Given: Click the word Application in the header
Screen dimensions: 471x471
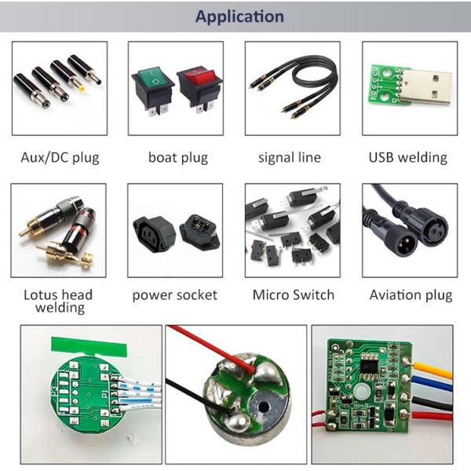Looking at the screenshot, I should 239,16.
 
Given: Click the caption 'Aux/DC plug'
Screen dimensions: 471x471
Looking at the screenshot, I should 60,157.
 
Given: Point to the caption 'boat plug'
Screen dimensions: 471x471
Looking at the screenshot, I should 178,157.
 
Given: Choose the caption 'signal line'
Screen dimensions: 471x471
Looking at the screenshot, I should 290,157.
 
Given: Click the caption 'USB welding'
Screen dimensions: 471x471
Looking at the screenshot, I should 407,157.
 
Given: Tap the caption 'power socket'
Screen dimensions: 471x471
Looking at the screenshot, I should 174,295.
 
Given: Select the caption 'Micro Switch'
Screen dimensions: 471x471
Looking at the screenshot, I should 293,295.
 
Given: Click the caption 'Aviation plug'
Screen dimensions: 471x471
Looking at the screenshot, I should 411,295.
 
